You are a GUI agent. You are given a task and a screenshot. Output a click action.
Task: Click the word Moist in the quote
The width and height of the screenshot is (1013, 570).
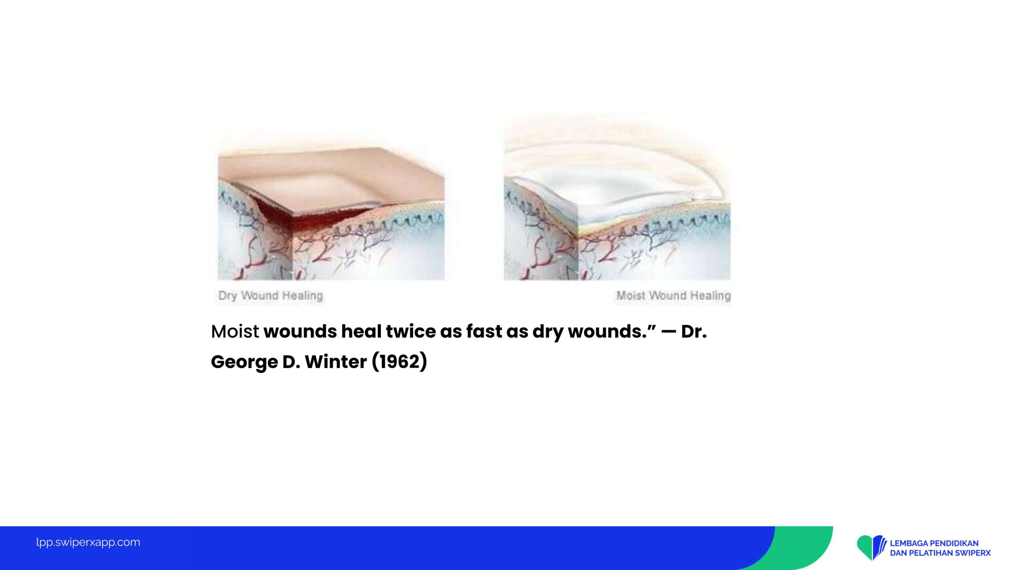point(235,331)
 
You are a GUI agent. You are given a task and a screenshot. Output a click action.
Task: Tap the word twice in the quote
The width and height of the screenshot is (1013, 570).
point(411,331)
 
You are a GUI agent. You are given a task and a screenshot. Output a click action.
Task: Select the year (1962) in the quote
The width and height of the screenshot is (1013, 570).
point(400,362)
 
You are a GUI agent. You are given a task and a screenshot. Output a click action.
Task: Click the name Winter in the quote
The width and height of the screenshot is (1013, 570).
point(336,362)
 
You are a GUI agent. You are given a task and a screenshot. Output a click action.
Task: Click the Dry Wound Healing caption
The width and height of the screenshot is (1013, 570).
point(271,296)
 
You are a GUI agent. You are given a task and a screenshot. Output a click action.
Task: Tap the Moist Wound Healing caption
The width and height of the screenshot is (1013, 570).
point(673,296)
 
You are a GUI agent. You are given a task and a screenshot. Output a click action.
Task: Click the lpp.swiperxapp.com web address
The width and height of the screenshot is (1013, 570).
point(88,542)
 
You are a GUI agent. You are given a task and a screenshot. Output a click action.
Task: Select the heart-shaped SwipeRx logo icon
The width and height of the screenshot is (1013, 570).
point(871,547)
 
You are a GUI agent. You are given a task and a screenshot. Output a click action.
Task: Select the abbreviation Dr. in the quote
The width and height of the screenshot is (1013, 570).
point(694,331)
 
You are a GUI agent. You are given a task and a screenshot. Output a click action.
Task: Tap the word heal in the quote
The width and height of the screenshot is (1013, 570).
point(361,331)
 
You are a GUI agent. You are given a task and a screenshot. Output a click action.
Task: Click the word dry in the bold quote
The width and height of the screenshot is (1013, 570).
point(548,332)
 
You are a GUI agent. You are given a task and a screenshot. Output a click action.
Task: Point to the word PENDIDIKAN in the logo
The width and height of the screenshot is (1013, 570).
point(954,543)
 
